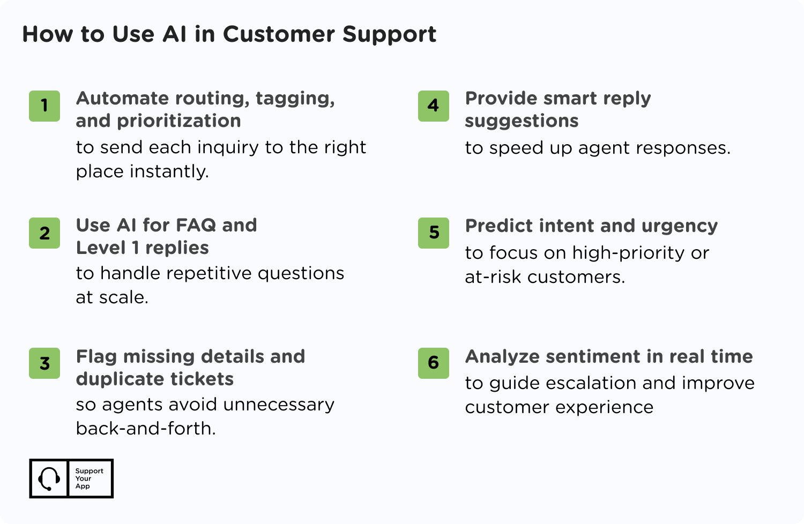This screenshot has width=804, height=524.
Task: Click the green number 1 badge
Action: (x=44, y=106)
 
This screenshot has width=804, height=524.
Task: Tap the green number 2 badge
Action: (x=44, y=233)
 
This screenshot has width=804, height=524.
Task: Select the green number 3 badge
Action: (x=44, y=363)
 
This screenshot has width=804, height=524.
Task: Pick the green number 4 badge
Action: (x=434, y=106)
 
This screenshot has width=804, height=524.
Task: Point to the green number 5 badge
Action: (x=434, y=233)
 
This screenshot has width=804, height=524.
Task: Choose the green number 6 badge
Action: (x=434, y=363)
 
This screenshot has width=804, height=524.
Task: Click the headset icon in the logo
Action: (x=49, y=478)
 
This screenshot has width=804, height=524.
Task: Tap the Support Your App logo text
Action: (x=89, y=478)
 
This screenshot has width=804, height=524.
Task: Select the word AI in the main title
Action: (x=174, y=34)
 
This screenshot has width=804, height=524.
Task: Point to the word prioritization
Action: (x=178, y=121)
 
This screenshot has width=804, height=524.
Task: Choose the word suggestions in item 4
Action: (x=522, y=121)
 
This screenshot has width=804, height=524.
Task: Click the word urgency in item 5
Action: (x=680, y=227)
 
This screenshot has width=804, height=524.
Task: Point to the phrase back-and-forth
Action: (x=146, y=428)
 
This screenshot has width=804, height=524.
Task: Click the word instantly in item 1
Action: (x=169, y=171)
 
